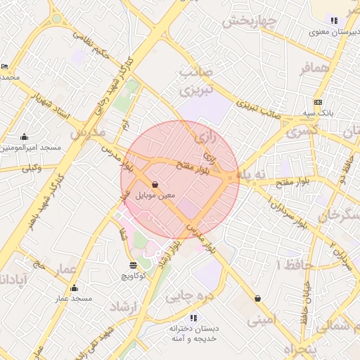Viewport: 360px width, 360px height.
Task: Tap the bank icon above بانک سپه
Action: (318, 102)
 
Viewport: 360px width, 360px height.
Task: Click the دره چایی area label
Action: (188, 296)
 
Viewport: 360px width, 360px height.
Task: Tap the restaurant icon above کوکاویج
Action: (134, 265)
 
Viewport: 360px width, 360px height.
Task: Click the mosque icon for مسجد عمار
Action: (75, 288)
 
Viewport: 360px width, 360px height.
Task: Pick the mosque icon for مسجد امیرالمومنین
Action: (25, 137)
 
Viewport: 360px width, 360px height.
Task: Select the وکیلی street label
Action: (32, 167)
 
